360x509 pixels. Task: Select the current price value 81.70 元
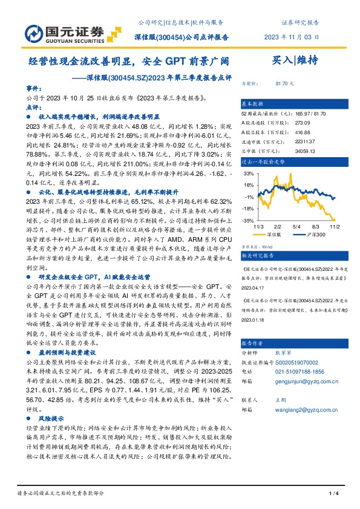click(x=284, y=83)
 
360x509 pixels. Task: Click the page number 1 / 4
click(x=332, y=494)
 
